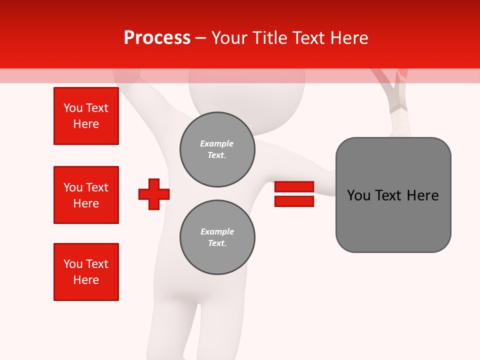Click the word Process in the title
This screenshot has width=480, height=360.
pos(157,38)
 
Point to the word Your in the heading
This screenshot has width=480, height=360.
pos(230,38)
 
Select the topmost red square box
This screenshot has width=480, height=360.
pos(86,116)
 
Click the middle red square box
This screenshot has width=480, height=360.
pos(86,195)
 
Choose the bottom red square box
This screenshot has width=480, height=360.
pos(86,272)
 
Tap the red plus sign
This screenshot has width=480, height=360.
pos(154,194)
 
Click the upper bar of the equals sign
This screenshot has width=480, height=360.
pos(294,186)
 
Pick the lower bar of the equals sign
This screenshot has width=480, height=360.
pos(294,201)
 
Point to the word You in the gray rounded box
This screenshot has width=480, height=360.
pos(358,195)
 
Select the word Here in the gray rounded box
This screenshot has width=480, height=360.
pos(422,195)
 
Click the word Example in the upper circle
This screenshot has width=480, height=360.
pos(216,143)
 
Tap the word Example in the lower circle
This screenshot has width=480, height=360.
pos(217,231)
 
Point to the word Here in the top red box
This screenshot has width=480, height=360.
pos(86,124)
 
